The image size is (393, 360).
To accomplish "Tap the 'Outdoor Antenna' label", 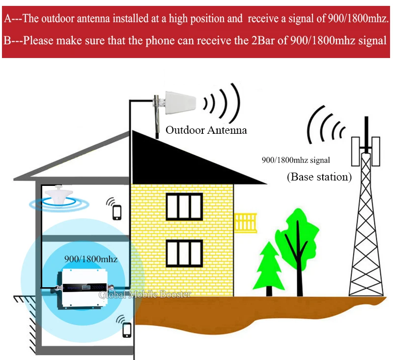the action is [x=206, y=130].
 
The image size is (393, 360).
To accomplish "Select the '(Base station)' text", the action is [x=319, y=177].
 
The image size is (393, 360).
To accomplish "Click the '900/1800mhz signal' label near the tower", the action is [x=296, y=160].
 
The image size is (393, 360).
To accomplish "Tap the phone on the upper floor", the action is [x=117, y=212].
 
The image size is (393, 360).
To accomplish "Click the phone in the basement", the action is [x=127, y=328].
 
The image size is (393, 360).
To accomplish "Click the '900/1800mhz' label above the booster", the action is [x=91, y=258].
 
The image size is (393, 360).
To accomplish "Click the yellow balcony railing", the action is [x=245, y=222].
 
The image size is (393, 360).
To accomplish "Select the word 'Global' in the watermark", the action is [x=112, y=295].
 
